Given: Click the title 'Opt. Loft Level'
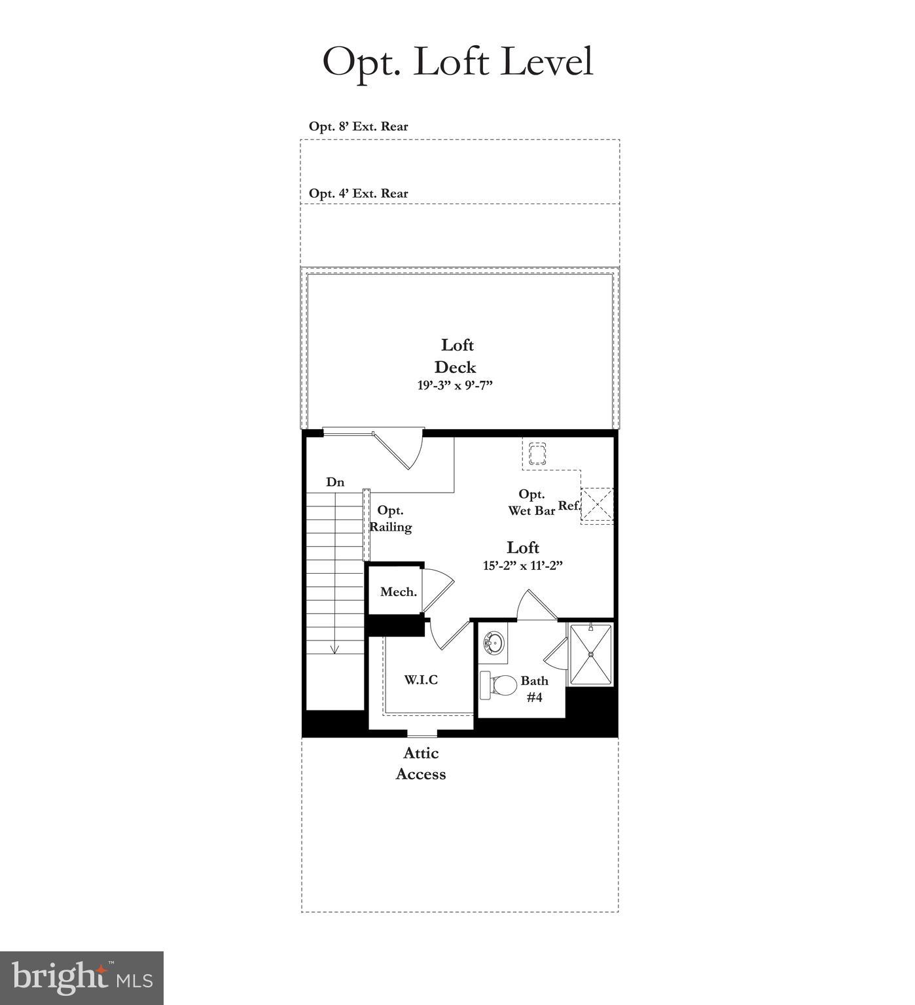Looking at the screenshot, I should click(x=457, y=62).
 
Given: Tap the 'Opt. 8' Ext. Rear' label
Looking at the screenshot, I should click(x=358, y=126).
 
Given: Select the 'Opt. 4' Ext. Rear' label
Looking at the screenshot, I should click(x=358, y=194).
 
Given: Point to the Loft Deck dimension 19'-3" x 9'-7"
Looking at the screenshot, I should click(x=455, y=385).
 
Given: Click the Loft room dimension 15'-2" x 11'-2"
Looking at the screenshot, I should click(x=523, y=565).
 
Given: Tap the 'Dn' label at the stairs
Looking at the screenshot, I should click(x=335, y=482).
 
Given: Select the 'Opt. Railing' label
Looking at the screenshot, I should click(x=391, y=518).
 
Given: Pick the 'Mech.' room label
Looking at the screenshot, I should click(x=398, y=591).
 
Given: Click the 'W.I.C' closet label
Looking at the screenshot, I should click(x=421, y=679).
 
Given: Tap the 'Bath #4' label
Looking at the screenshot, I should click(x=534, y=688).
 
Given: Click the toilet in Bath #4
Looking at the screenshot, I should click(x=499, y=685).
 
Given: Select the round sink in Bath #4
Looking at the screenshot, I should click(x=493, y=642).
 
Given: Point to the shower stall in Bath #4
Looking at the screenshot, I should click(x=590, y=654).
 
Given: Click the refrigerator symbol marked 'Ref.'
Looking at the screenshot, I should click(x=597, y=504).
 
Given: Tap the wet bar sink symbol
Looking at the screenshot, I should click(x=537, y=453).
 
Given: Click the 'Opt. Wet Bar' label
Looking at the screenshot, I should click(x=531, y=502).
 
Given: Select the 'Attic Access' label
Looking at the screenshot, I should click(x=421, y=763).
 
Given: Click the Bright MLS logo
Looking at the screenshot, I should click(x=82, y=978).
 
